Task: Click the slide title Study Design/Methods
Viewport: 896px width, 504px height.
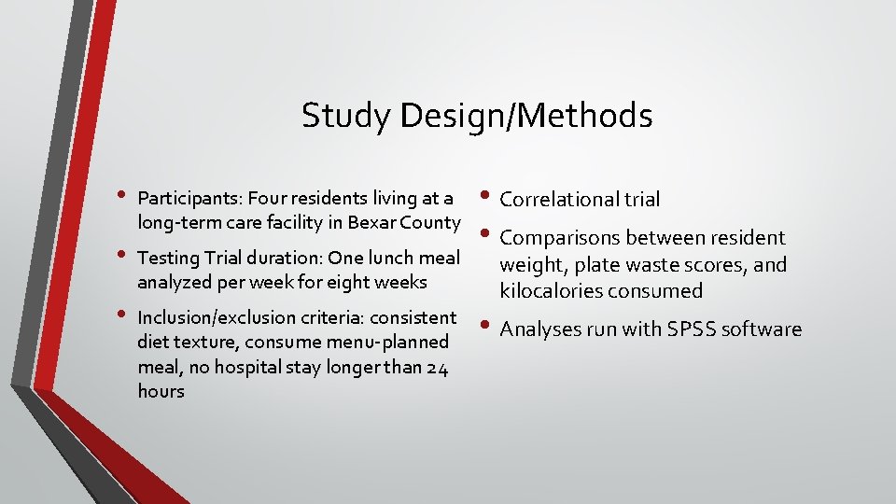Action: pyautogui.click(x=477, y=117)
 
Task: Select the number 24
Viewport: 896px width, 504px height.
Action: pyautogui.click(x=437, y=367)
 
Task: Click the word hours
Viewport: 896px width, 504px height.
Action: pyautogui.click(x=161, y=391)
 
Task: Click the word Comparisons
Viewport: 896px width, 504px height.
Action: pyautogui.click(x=561, y=238)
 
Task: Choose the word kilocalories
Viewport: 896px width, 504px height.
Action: pyautogui.click(x=552, y=290)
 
